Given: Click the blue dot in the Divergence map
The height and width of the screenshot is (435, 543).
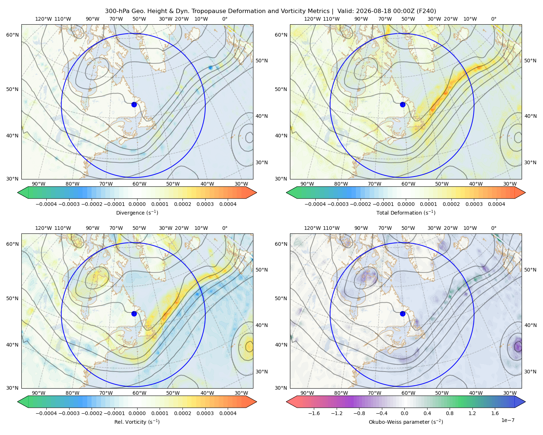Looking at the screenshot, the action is pyautogui.click(x=134, y=104).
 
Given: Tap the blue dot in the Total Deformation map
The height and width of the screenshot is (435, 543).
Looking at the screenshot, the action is pyautogui.click(x=403, y=104).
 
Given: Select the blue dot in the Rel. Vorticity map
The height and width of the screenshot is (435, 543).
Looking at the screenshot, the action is pyautogui.click(x=134, y=314).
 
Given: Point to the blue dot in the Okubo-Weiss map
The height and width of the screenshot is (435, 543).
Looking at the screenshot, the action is pyautogui.click(x=403, y=314).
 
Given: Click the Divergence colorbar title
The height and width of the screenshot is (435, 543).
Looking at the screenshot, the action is pyautogui.click(x=137, y=212).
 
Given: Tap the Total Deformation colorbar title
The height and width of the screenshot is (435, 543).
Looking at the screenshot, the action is pyautogui.click(x=406, y=212).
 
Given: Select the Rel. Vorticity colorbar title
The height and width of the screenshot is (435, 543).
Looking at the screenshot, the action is pyautogui.click(x=137, y=422).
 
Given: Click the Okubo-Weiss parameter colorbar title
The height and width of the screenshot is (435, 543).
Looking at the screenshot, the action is pyautogui.click(x=406, y=422).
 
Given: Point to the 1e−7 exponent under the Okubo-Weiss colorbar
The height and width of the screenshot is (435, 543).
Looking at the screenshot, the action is pyautogui.click(x=508, y=420).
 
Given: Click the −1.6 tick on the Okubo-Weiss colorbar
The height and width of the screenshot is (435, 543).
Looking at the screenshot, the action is pyautogui.click(x=314, y=413).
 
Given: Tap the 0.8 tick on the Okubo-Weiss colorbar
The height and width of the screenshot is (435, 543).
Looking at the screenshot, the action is pyautogui.click(x=450, y=413).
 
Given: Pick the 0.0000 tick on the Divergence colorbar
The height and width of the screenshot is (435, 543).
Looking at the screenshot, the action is pyautogui.click(x=137, y=204).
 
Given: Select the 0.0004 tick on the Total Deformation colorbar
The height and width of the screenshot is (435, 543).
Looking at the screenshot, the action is pyautogui.click(x=496, y=204).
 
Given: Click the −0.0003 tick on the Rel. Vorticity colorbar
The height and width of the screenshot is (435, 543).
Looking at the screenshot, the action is pyautogui.click(x=69, y=413).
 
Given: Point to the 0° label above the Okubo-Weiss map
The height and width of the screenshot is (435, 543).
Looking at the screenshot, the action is pyautogui.click(x=493, y=228).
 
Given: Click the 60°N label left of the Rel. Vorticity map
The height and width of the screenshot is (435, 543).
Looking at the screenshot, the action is pyautogui.click(x=12, y=244).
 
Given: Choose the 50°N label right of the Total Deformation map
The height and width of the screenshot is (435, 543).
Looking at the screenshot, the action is pyautogui.click(x=530, y=61).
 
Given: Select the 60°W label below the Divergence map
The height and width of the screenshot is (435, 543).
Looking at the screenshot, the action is pyautogui.click(x=139, y=184).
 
